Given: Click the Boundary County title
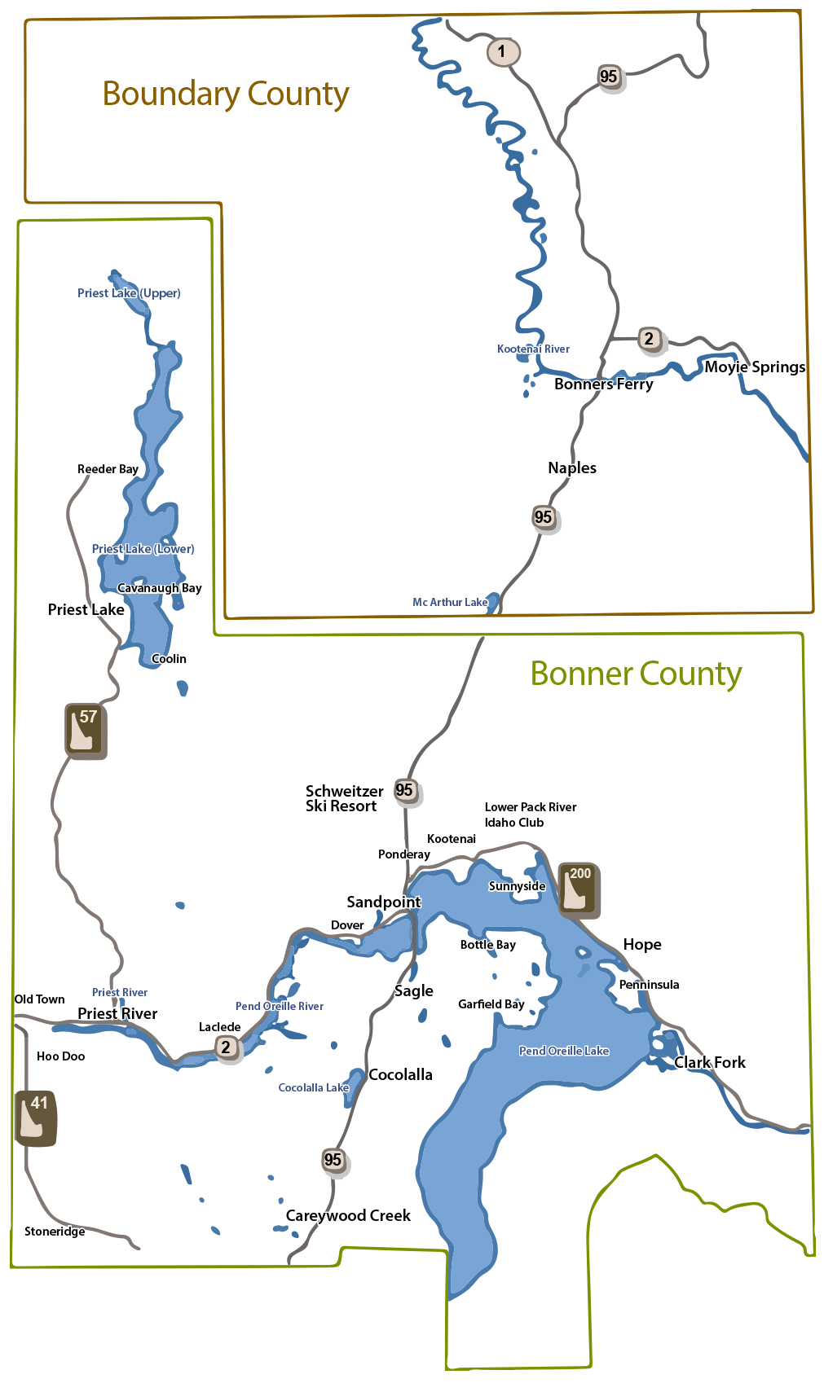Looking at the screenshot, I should point(226,94).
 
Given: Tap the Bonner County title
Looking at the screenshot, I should point(636,674).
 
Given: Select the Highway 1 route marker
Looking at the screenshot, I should point(502,52).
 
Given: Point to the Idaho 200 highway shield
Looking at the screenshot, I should point(579,889).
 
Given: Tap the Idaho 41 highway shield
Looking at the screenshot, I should point(36,1118).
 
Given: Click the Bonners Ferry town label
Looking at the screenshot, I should point(603,384).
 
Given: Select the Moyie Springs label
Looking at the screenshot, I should point(755,367).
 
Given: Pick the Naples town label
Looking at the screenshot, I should point(571,468).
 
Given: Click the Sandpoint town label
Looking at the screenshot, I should point(383,902).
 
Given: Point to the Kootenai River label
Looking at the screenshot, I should point(533,349).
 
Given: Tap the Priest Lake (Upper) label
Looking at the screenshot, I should point(129,293).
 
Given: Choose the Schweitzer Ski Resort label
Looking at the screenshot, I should point(343,798).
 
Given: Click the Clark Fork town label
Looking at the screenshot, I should point(709,1062).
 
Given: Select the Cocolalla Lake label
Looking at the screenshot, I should point(313,1087).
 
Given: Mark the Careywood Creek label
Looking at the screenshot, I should point(348,1215).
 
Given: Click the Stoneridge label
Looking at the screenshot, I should point(55,1231).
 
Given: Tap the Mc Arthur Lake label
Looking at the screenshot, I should point(450,602).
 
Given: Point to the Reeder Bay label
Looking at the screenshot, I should point(108,469).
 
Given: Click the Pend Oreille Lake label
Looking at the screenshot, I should point(564,1051).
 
